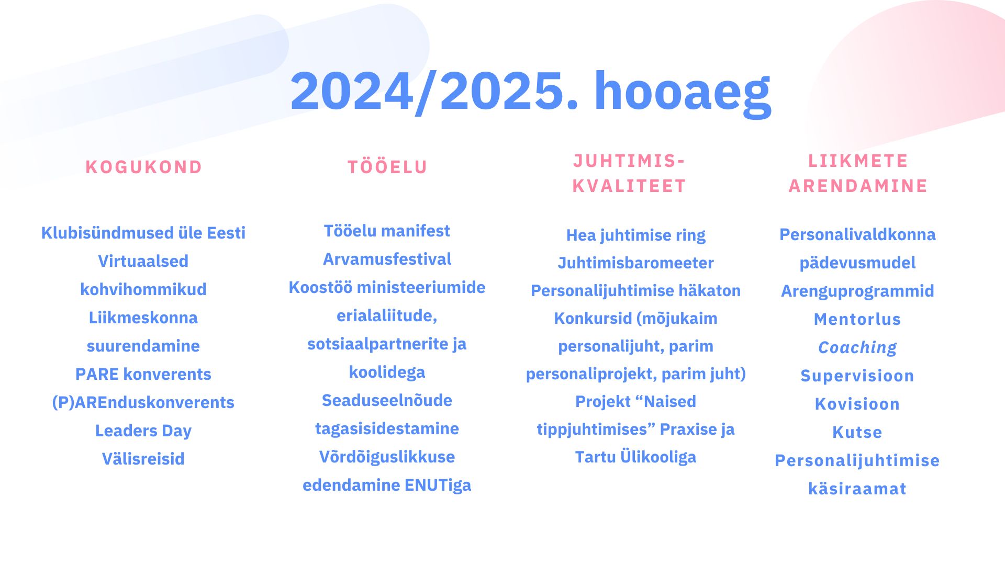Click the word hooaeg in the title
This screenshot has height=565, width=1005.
click(x=682, y=92)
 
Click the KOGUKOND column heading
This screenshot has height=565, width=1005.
click(x=144, y=167)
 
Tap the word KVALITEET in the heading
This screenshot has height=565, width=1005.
click(x=629, y=186)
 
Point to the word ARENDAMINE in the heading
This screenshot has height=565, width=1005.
click(x=858, y=186)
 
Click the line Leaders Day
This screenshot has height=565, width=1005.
click(x=143, y=431)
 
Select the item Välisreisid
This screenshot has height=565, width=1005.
click(x=143, y=459)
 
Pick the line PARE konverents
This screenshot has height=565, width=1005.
click(x=143, y=374)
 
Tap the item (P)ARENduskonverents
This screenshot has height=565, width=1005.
click(x=143, y=402)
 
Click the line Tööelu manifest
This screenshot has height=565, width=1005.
click(x=387, y=231)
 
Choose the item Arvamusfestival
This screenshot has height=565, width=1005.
click(x=387, y=259)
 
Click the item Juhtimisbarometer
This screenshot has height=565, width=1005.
click(x=635, y=263)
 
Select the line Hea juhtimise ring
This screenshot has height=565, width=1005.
click(x=635, y=235)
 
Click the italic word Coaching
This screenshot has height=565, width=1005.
click(x=857, y=347)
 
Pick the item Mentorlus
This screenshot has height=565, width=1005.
click(x=857, y=319)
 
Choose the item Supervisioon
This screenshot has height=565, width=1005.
click(x=857, y=376)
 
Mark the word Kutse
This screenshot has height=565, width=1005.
click(x=857, y=432)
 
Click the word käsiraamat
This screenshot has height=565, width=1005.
click(x=857, y=489)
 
